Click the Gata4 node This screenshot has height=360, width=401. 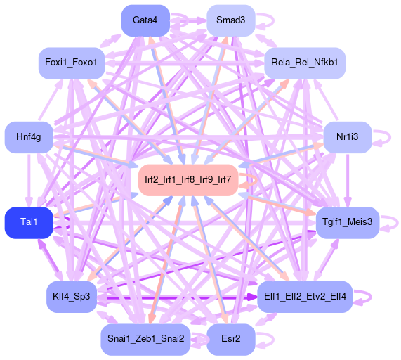(145, 20)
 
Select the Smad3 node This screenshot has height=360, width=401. (230, 20)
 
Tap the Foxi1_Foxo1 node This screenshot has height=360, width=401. (72, 63)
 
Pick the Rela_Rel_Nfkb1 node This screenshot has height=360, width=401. (305, 63)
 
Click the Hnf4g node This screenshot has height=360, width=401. (29, 137)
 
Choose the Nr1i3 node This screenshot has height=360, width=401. (348, 137)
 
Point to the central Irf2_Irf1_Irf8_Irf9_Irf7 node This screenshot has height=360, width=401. (188, 180)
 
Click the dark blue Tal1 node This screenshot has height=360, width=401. (29, 222)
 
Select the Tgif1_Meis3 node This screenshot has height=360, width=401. (348, 222)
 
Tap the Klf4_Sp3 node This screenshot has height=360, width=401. (72, 297)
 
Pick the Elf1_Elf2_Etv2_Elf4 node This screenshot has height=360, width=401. (305, 297)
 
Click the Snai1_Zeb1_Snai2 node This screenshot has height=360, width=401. (145, 340)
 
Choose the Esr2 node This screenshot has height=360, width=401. (230, 340)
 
